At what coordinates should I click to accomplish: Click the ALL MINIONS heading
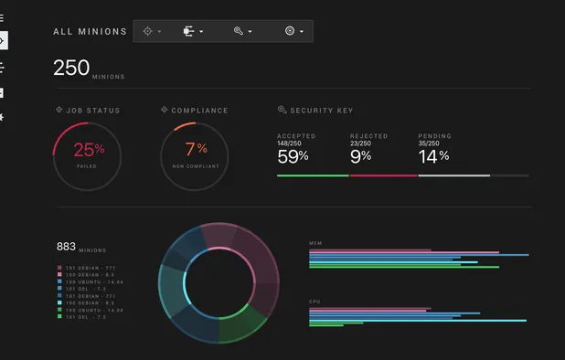click(90, 31)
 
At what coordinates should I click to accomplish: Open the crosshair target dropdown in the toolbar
click(152, 31)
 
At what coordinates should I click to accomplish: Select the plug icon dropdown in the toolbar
click(192, 31)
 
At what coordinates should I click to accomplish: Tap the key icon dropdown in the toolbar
click(241, 31)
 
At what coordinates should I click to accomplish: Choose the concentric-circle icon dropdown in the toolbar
click(293, 31)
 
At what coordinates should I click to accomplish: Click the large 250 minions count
click(71, 68)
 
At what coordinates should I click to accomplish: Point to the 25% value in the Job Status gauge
click(89, 149)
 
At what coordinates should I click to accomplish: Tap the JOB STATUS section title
click(92, 111)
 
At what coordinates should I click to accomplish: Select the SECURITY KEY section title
click(320, 111)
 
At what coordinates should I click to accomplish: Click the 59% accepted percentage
click(293, 156)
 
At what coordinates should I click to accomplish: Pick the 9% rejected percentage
click(360, 156)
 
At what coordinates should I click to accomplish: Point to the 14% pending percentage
click(433, 156)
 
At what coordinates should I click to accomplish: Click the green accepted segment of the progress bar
click(313, 175)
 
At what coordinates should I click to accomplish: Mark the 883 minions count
click(66, 247)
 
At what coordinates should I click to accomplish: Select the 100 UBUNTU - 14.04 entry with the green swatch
click(91, 311)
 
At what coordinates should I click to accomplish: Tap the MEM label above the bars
click(315, 243)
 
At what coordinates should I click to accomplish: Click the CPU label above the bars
click(314, 300)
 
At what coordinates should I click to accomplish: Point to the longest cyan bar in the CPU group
click(418, 321)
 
